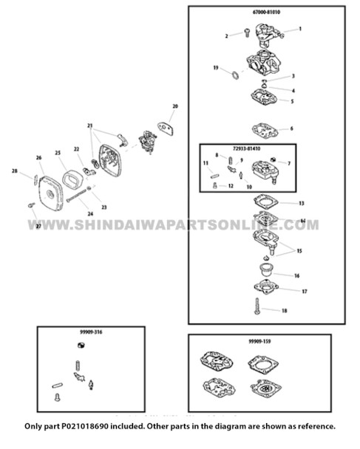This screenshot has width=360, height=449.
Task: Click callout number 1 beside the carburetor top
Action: point(300,29)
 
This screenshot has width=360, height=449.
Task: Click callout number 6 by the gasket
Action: point(301,128)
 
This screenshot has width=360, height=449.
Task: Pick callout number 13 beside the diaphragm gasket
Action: point(302,202)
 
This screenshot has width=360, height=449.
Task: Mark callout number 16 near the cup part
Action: point(296,275)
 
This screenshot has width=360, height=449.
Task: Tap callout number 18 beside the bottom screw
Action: point(285,312)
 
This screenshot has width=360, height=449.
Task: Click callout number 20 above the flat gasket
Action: point(175,107)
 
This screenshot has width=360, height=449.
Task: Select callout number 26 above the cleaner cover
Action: point(39,157)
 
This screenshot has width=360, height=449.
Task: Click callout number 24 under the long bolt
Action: point(90,215)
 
